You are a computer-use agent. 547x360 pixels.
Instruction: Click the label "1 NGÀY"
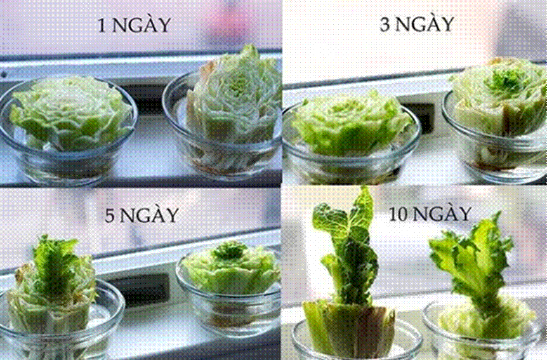134,25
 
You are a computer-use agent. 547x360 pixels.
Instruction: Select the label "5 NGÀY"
141,215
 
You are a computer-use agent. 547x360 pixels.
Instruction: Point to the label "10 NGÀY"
431,213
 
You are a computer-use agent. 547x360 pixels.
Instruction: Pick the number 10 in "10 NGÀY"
400,214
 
